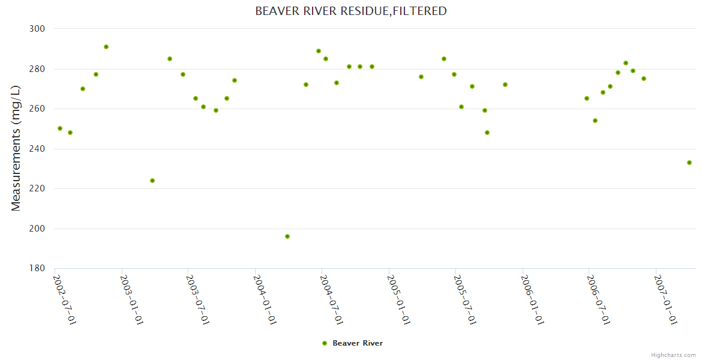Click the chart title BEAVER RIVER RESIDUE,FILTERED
point(351,11)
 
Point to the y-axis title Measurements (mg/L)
point(16,148)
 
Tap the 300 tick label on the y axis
point(38,29)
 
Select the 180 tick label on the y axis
point(38,269)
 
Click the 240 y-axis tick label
point(38,149)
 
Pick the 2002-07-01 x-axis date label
point(65,299)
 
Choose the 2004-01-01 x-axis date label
point(265,299)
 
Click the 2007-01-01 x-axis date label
point(665,299)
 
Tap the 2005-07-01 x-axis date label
point(465,299)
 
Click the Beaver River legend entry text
point(358,343)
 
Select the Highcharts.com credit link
point(673,355)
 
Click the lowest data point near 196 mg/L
point(287,236)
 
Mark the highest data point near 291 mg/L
point(106,47)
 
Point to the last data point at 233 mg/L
point(689,163)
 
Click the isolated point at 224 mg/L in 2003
point(152,181)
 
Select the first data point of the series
point(60,128)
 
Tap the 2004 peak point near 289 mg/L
point(319,51)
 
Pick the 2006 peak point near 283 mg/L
point(626,63)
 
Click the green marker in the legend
point(325,343)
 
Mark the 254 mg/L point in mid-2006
point(595,121)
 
